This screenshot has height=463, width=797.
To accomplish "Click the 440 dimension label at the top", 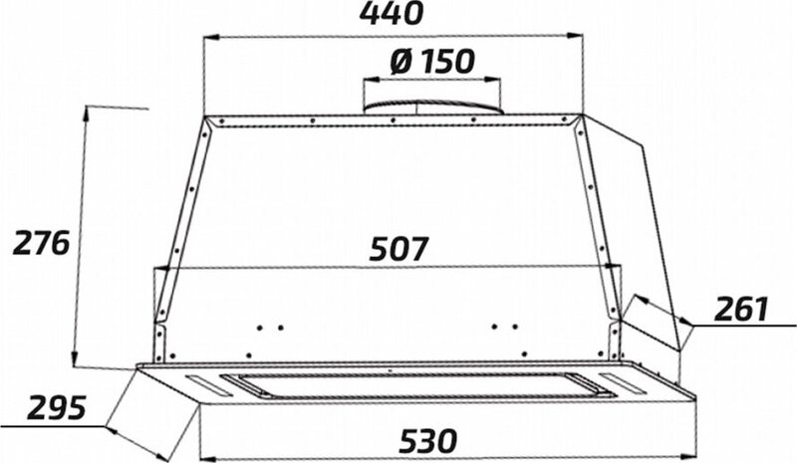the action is [391, 14].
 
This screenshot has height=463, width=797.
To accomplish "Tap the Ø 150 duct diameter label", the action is [432, 62].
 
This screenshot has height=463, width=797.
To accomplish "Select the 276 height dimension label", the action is [41, 243].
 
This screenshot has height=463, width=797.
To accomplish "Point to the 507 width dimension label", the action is [399, 249].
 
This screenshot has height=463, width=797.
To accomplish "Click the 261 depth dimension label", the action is [741, 309].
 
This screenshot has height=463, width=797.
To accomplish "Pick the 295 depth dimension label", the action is [57, 407].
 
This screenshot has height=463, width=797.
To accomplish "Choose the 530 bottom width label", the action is [428, 441].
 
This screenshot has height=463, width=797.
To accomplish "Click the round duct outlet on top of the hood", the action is [432, 107].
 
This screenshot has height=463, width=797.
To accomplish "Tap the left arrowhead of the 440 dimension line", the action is [210, 37].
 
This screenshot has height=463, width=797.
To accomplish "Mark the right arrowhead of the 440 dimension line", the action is [576, 36].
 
